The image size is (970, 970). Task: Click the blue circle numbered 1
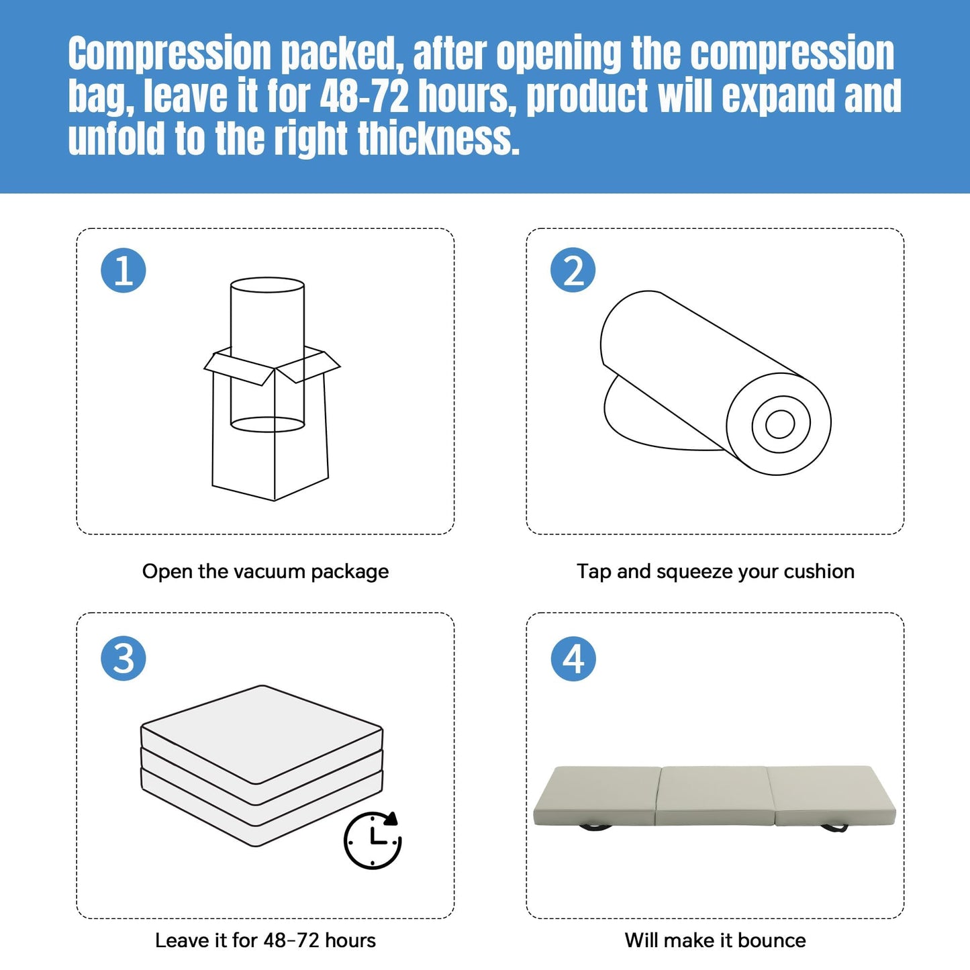pyautogui.click(x=124, y=271)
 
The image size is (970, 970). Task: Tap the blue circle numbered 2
pyautogui.click(x=573, y=271)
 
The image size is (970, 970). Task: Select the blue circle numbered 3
pyautogui.click(x=124, y=659)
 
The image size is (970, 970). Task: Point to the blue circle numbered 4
pyautogui.click(x=573, y=659)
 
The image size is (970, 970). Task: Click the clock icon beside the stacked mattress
pyautogui.click(x=373, y=840)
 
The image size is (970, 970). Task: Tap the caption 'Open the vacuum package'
pyautogui.click(x=265, y=572)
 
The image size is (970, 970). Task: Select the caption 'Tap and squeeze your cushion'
pyautogui.click(x=716, y=572)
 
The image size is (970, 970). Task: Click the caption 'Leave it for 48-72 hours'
pyautogui.click(x=265, y=940)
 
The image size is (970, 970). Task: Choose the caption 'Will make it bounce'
pyautogui.click(x=716, y=940)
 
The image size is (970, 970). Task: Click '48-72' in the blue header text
pyautogui.click(x=364, y=95)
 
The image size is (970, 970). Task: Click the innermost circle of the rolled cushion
pyautogui.click(x=780, y=424)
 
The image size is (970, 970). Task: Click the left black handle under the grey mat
pyautogui.click(x=595, y=827)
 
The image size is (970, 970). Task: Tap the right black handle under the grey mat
pyautogui.click(x=834, y=827)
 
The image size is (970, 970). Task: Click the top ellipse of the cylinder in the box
pyautogui.click(x=267, y=285)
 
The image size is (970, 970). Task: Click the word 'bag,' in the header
pyautogui.click(x=101, y=97)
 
